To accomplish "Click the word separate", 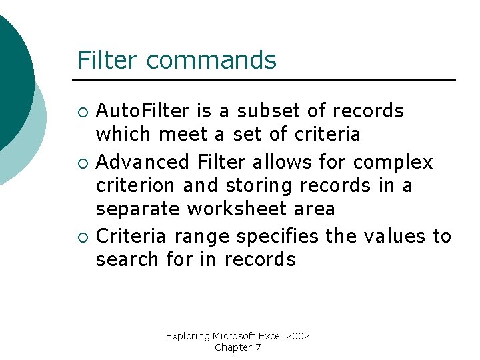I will pos(138,209).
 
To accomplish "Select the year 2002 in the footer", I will pos(298,336).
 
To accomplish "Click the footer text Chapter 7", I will pos(237,347).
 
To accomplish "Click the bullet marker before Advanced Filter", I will pos(82,163).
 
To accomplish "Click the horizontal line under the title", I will pos(267,80).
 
